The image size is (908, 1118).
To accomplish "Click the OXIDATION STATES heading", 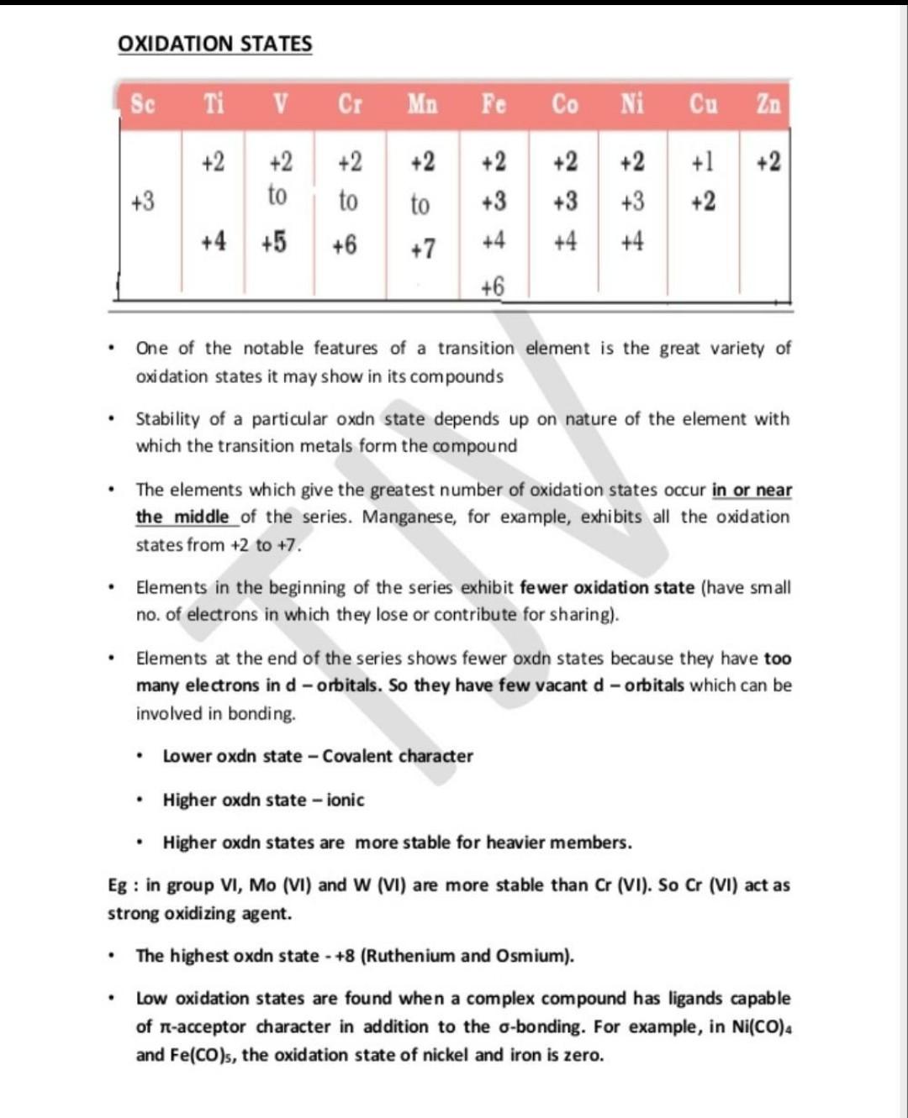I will point(214,44).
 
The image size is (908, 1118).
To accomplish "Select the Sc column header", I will point(143,104).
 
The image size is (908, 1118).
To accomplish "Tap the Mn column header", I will point(422,104).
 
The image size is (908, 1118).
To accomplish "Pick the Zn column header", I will point(768,104).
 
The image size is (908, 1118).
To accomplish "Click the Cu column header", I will point(704,104).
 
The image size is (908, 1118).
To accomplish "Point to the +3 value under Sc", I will point(143,202).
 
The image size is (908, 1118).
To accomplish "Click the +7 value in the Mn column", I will point(423,249).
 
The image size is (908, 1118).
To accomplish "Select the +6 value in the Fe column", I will point(493,286).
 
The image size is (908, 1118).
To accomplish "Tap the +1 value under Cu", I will point(702,162).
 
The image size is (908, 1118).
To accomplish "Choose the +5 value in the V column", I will point(273,242).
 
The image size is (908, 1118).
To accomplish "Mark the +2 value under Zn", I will point(768,162).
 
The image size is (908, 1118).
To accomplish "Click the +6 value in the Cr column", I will point(344,244).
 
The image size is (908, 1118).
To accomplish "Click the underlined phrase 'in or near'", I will point(752,490).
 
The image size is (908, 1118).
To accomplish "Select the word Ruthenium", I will point(412,956).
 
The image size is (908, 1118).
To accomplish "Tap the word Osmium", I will point(533,956).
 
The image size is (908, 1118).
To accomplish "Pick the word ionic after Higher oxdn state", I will point(346,800).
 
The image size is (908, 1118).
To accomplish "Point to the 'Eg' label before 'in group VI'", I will point(118,885).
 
